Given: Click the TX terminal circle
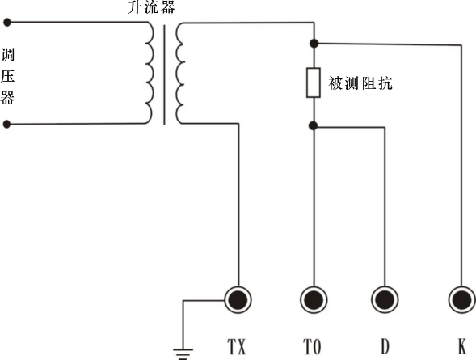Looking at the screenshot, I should (237, 300).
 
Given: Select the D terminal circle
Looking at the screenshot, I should (384, 300).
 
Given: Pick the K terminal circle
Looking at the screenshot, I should (461, 300).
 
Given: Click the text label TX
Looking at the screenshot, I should (237, 346).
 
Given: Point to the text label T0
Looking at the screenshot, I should (313, 346).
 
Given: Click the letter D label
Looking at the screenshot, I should (384, 346).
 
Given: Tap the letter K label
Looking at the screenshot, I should (461, 346).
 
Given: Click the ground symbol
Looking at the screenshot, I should (185, 352).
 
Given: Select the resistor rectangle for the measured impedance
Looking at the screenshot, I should (314, 83).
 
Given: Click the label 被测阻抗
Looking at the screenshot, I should (360, 83).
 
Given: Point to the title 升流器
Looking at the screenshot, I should (151, 8).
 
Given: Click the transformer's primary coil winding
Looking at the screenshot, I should (150, 73).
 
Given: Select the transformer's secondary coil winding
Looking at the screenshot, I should (179, 73).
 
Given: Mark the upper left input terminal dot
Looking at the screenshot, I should (7, 23).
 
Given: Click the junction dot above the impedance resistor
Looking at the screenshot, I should (314, 42).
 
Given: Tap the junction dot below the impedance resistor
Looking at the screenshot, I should (314, 125).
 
